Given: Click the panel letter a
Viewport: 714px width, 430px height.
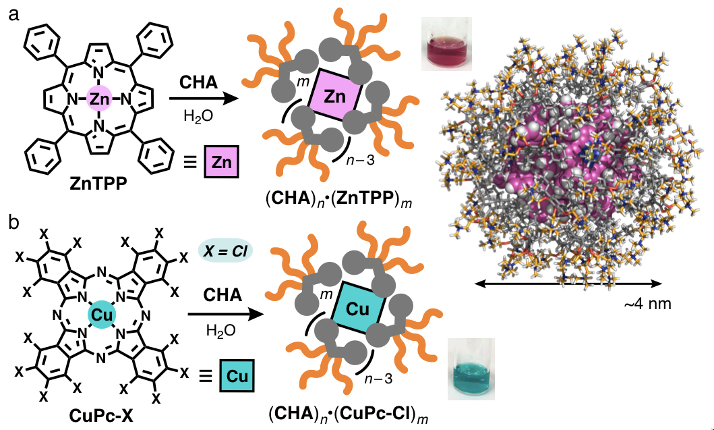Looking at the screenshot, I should pos(12,14).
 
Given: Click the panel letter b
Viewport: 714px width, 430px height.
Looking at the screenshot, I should pos(12,223).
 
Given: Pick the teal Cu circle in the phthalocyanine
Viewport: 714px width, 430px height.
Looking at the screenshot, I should pos(101,315).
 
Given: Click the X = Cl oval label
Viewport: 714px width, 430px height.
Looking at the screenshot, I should pos(225,250).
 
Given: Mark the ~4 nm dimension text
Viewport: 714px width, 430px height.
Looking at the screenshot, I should pos(648,304).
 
